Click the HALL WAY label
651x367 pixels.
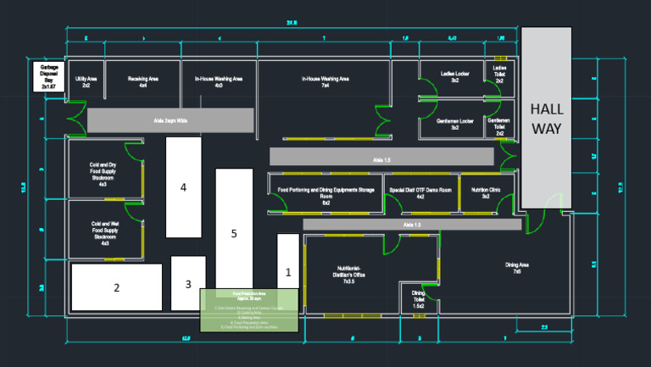546,118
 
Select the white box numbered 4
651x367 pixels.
183,186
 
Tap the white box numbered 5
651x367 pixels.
234,231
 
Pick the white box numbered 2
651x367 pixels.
117,287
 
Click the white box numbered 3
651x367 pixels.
188,283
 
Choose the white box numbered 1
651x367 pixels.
288,272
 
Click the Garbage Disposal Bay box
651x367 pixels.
48,76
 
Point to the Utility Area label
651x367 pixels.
86,81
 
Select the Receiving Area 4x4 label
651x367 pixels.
143,81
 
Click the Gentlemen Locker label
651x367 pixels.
454,124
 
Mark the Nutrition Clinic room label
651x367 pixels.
486,193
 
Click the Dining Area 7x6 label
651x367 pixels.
518,269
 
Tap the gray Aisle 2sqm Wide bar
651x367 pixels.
170,120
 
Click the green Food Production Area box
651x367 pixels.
249,309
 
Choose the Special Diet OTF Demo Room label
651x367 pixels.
420,193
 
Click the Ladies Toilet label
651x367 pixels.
499,71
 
